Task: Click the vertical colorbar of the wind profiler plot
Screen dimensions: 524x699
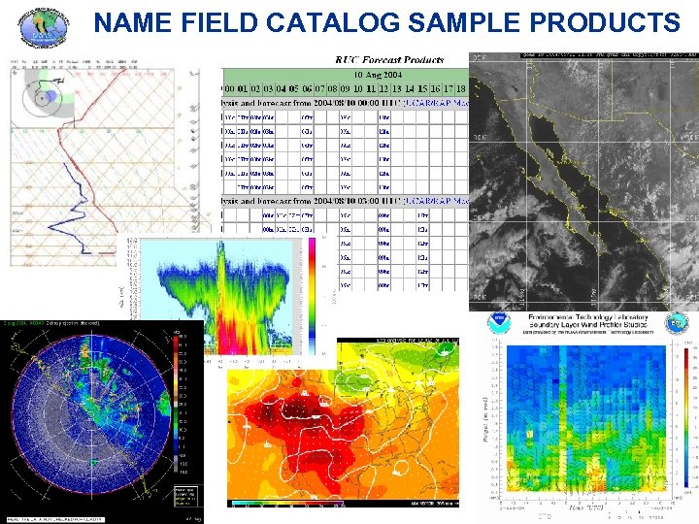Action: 685,417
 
